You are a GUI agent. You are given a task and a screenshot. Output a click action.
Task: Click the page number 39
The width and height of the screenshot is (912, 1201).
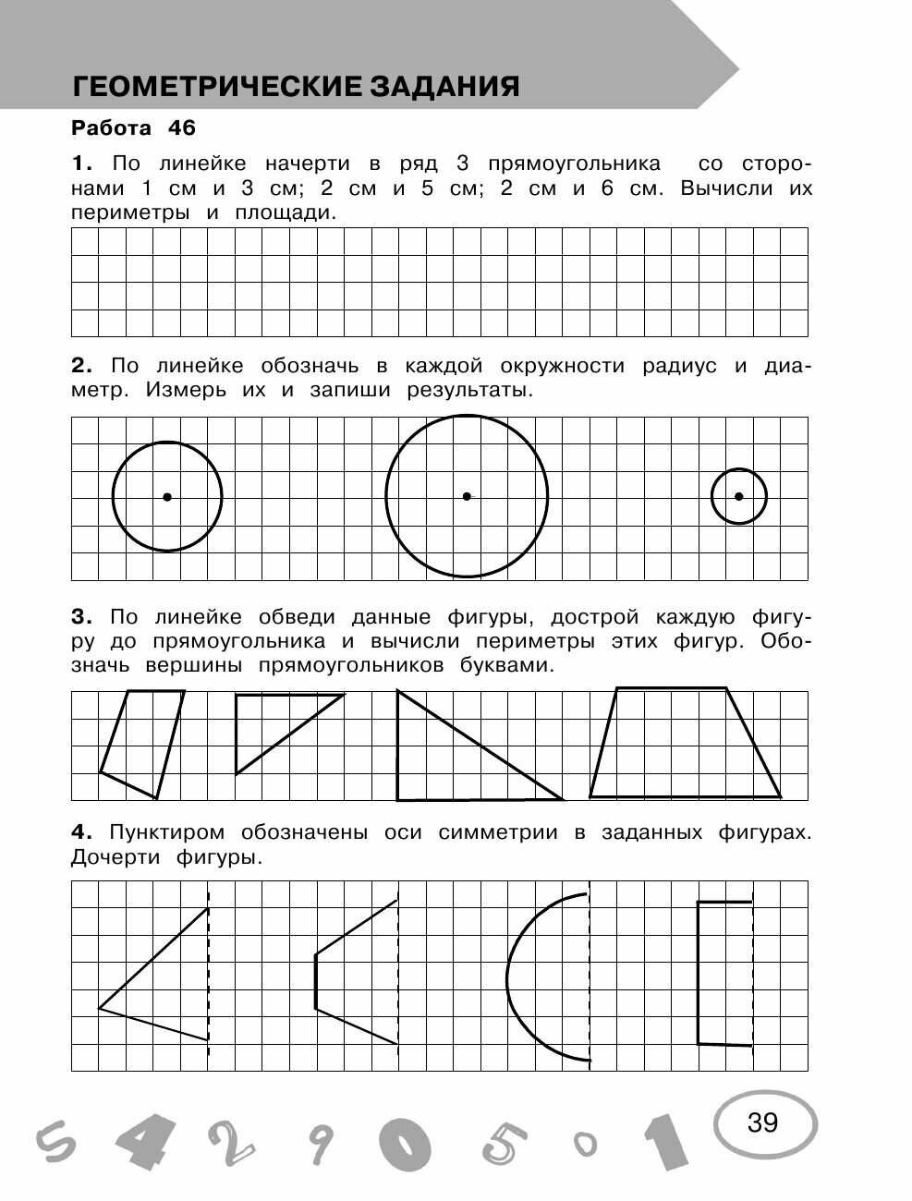[x=762, y=1122]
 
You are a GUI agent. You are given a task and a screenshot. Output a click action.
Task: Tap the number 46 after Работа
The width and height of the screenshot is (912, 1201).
[x=181, y=127]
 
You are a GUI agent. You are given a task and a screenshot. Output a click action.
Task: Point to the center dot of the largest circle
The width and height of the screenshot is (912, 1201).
[x=467, y=496]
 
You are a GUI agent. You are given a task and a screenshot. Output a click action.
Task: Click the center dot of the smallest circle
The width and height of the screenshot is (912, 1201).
[x=738, y=496]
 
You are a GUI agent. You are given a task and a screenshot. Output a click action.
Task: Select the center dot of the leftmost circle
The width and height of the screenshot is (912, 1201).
[x=167, y=497]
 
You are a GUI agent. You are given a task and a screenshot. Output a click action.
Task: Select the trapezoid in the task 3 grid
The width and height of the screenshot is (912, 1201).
[x=684, y=744]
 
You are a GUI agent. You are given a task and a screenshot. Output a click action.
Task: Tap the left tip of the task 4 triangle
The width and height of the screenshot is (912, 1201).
[x=100, y=1008]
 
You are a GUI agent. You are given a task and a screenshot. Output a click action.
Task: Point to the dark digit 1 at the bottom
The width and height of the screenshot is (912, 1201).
[x=666, y=1144]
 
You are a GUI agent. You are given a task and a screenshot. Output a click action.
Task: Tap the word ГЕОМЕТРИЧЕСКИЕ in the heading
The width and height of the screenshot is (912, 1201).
[x=217, y=87]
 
